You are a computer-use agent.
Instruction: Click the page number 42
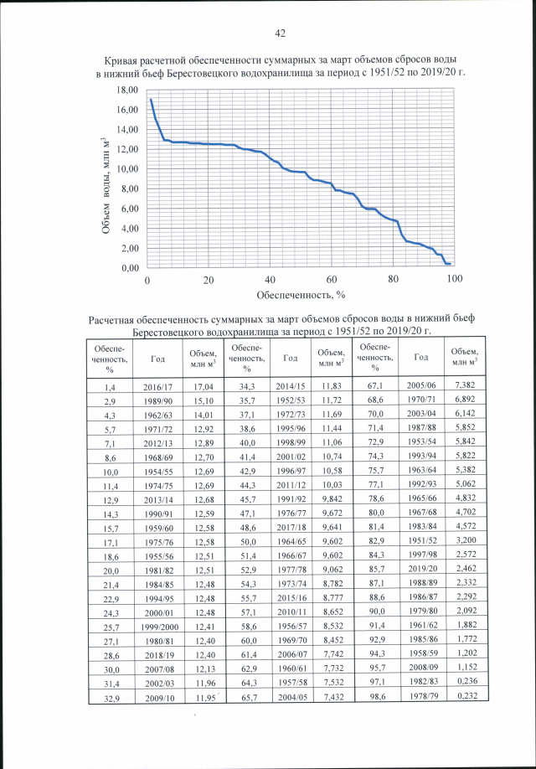281,34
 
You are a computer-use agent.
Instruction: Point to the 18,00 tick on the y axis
127,90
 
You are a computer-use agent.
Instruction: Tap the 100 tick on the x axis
455,279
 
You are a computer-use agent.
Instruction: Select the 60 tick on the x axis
332,279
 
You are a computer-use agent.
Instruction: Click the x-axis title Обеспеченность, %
301,294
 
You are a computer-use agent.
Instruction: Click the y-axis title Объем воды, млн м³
106,180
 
